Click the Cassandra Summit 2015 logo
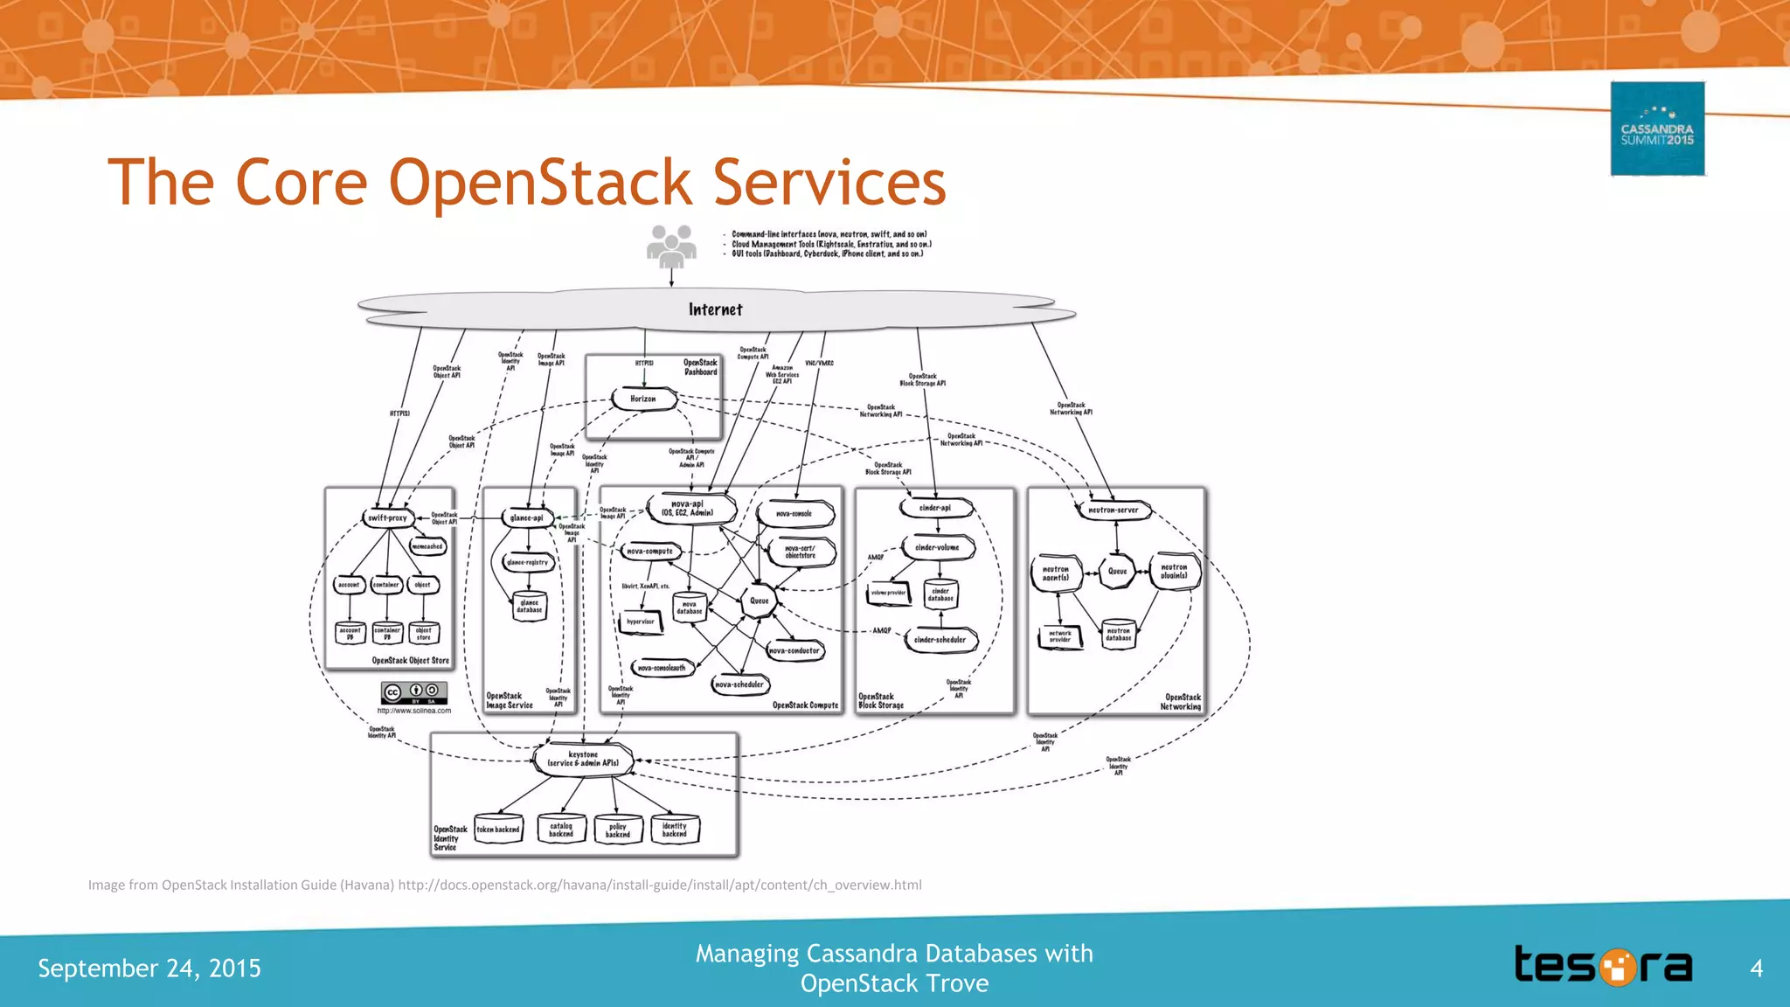1657,129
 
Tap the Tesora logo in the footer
1603,966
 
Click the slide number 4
1756,968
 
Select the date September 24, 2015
149,969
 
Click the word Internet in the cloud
715,309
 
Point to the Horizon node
644,399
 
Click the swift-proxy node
387,517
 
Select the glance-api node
527,517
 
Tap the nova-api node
690,508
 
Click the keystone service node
583,759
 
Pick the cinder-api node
934,508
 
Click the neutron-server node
1113,510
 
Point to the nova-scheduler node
739,684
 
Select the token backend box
498,829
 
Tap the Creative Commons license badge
414,692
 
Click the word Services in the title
829,183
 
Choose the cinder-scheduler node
940,640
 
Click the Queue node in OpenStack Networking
1117,571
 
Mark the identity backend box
675,830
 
